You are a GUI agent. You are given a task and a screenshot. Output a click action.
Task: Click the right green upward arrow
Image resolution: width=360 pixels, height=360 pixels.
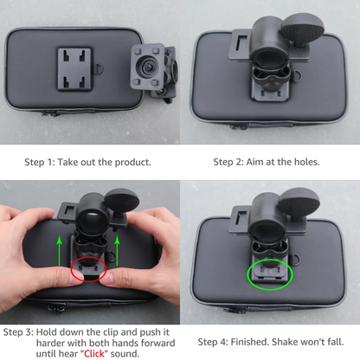(120, 251)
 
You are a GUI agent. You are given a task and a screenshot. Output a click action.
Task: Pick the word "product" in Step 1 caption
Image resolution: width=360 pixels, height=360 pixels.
(132, 161)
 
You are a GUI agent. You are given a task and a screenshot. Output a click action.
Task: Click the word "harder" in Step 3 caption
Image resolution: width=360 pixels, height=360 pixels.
(21, 343)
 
